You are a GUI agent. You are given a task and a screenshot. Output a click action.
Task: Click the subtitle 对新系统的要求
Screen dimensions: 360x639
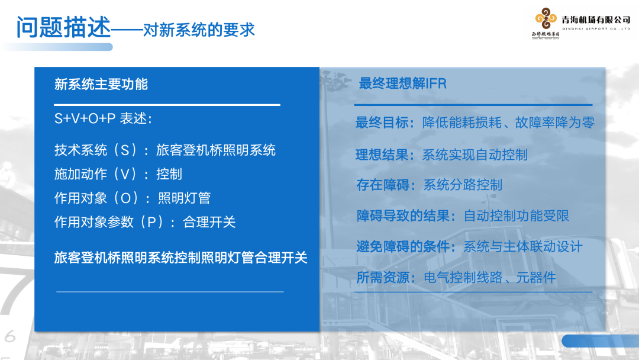click(199, 30)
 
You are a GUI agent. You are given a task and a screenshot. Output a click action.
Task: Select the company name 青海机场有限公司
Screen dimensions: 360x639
click(596, 20)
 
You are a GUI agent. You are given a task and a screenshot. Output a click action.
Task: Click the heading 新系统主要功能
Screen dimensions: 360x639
click(101, 84)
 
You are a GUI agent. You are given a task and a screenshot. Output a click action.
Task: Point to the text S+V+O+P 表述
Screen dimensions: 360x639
click(103, 119)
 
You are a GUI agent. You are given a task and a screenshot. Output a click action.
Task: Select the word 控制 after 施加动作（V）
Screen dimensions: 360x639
click(169, 174)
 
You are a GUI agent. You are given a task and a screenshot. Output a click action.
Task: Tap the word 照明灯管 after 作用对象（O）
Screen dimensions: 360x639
click(184, 198)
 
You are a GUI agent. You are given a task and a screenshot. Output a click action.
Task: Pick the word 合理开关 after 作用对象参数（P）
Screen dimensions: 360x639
click(209, 222)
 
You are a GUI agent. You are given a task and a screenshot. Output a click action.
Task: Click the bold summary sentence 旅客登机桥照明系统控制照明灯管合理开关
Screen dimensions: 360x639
click(181, 258)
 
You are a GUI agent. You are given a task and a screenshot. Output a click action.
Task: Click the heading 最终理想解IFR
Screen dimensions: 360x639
click(402, 83)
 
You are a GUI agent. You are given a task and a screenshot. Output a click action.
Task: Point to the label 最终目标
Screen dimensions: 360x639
click(382, 123)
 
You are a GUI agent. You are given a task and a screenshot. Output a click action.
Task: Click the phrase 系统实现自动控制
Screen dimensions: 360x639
click(475, 155)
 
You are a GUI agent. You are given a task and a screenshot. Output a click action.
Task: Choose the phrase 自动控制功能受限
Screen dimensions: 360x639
click(516, 216)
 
